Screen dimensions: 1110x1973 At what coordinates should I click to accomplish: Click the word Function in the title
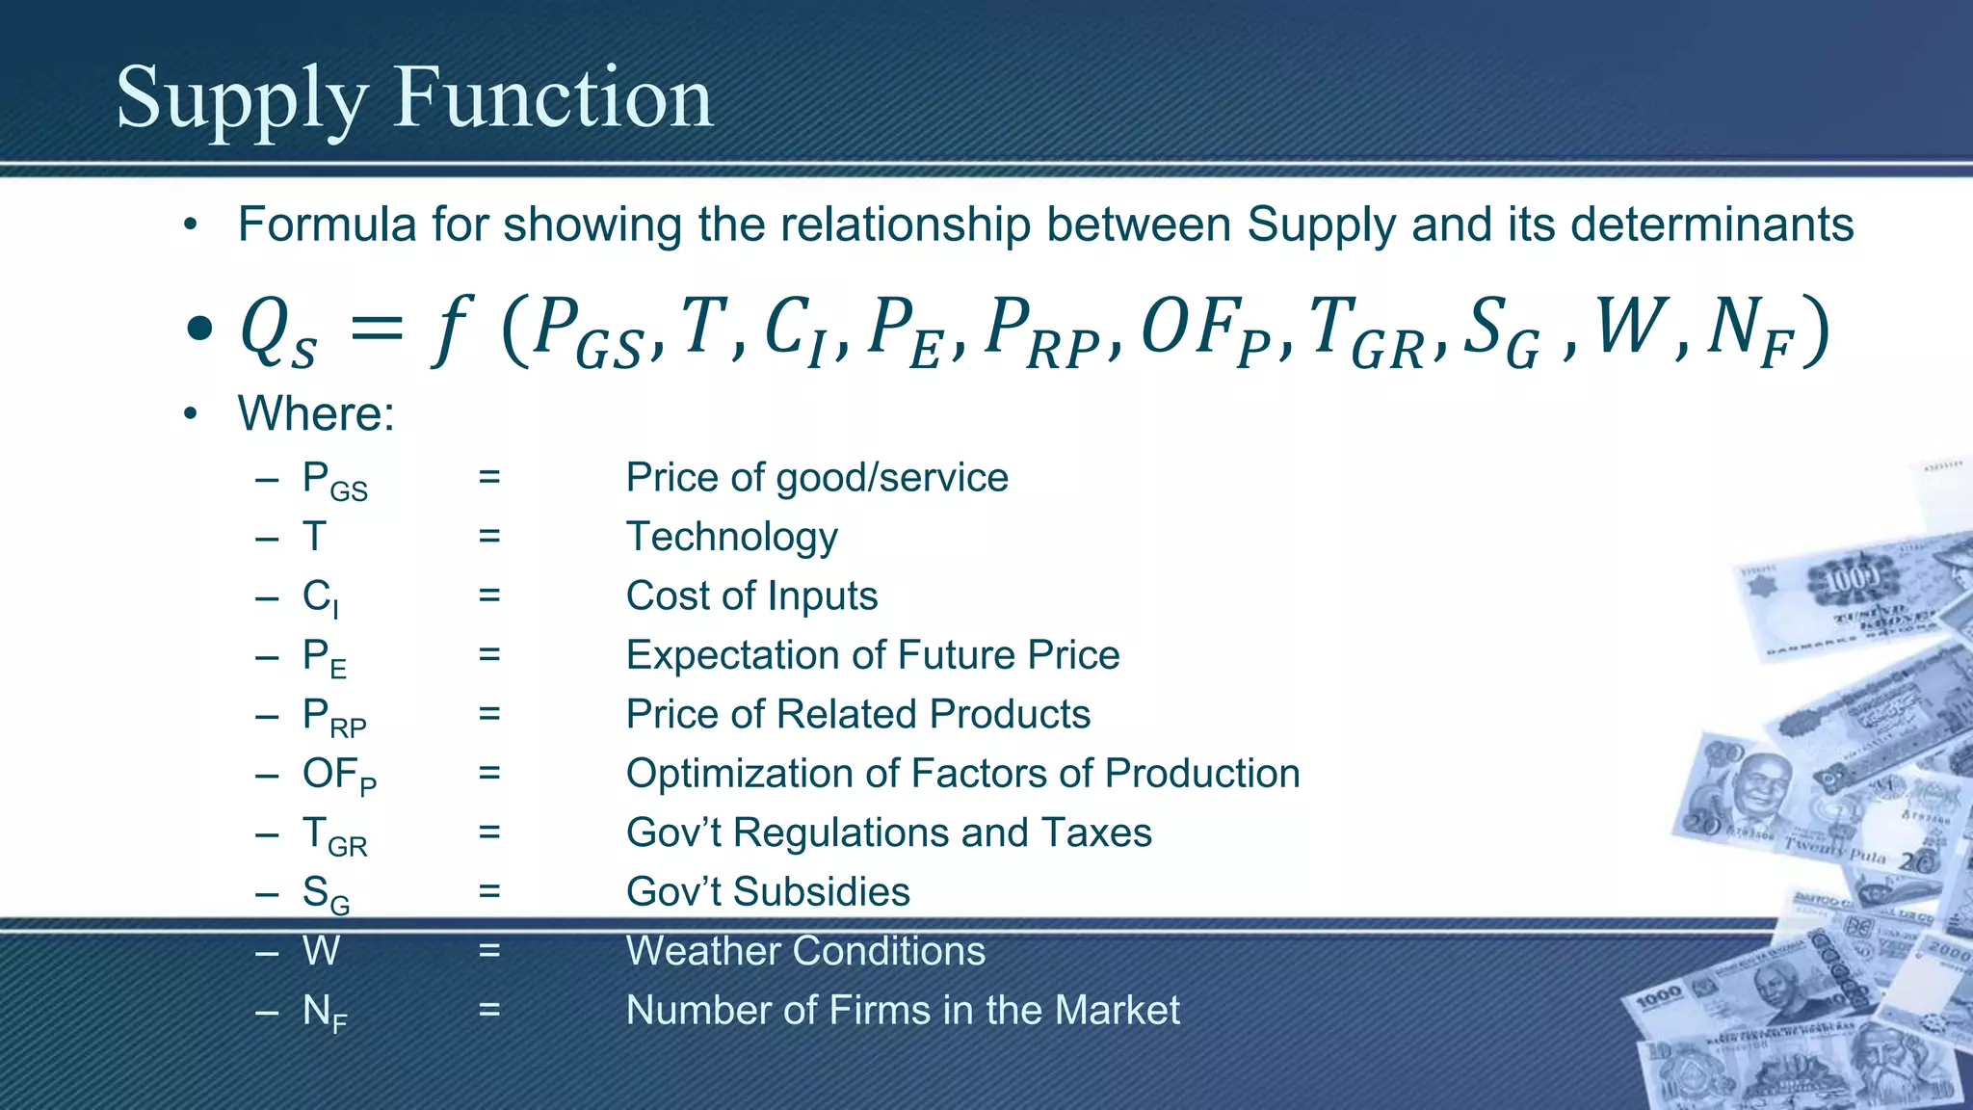point(553,97)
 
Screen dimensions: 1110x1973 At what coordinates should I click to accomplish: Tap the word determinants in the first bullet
point(1711,225)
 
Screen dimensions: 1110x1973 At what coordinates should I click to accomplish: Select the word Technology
point(732,537)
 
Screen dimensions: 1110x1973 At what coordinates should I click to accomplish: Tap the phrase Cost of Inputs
point(751,595)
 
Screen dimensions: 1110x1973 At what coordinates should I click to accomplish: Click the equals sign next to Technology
point(489,537)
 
